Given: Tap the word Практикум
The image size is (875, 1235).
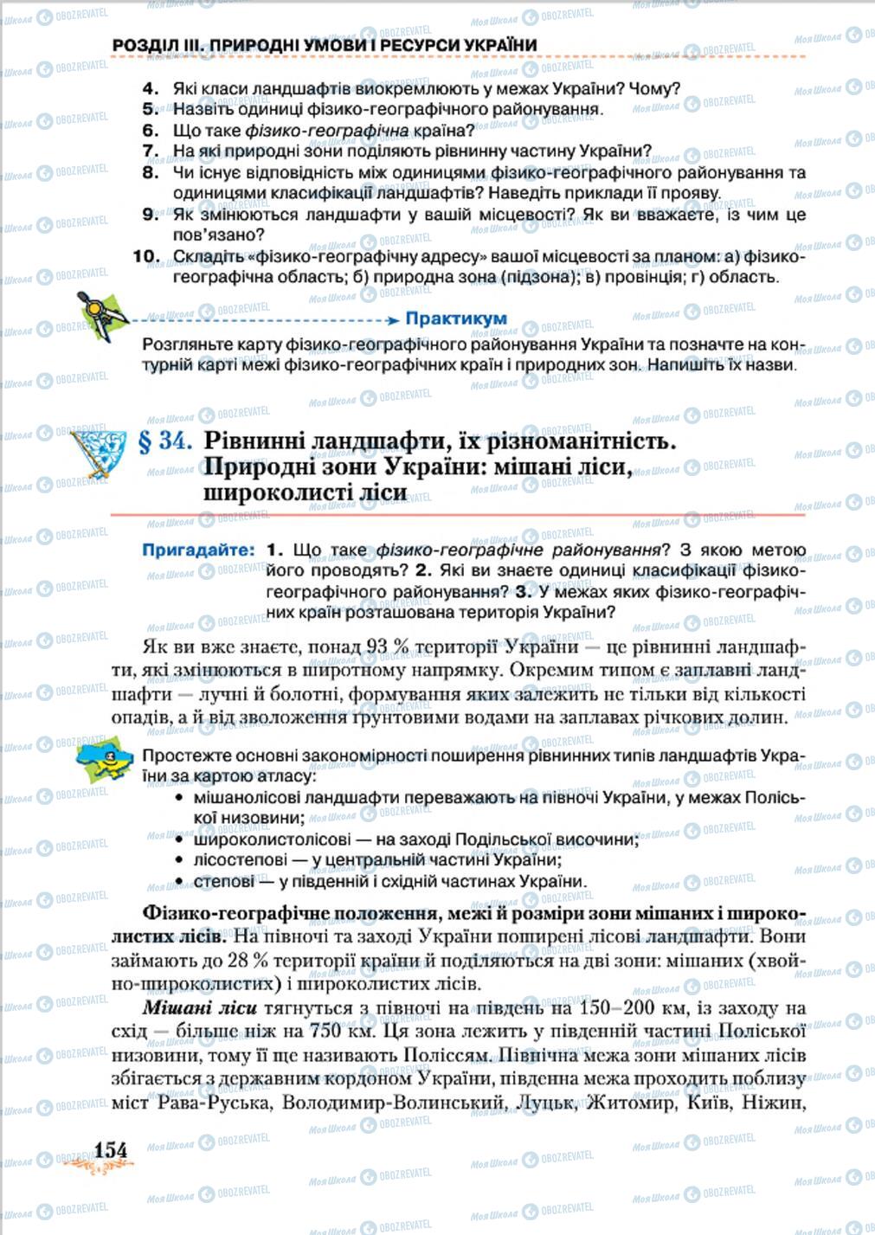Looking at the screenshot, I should [456, 318].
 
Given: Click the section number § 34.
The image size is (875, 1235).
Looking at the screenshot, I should [164, 441].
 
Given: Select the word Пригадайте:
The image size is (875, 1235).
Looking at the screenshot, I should [199, 550].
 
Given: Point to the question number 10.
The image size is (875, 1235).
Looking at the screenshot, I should [146, 256].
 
